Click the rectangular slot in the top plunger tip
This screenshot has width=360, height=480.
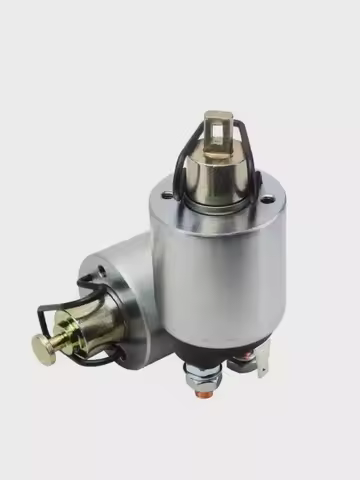point(215,127)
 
